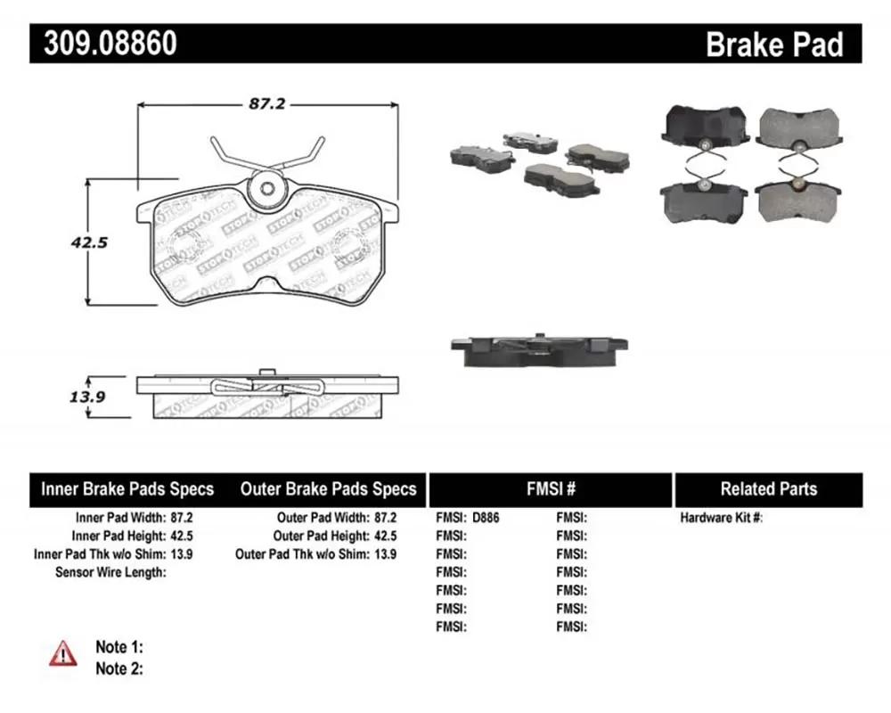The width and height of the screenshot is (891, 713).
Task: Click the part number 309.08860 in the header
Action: [x=110, y=43]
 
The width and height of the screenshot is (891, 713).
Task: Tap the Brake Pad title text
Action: [x=774, y=45]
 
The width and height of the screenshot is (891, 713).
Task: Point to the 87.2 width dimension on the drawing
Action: [x=267, y=104]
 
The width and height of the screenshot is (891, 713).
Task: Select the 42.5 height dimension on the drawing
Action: [x=89, y=242]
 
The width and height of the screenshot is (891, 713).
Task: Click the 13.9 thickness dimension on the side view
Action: [x=87, y=397]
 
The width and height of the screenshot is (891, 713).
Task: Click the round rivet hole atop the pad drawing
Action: [x=268, y=188]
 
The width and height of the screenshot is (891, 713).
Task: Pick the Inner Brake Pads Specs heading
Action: [x=127, y=489]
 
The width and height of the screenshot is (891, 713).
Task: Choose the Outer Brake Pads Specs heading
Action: [x=329, y=489]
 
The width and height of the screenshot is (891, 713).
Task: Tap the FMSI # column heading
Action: [x=551, y=488]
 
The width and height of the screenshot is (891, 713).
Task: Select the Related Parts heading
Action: [x=769, y=489]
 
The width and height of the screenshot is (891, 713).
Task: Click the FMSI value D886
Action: [x=486, y=518]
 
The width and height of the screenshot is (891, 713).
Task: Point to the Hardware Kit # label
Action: [x=722, y=518]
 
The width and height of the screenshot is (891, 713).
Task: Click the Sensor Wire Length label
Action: [x=110, y=572]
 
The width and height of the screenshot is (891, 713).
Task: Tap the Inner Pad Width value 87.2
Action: [x=181, y=518]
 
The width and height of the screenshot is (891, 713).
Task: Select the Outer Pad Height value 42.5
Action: [x=385, y=536]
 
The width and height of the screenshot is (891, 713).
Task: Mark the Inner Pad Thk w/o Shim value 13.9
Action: [x=181, y=553]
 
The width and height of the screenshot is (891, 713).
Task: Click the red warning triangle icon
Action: [x=63, y=653]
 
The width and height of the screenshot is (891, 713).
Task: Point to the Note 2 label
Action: [x=119, y=668]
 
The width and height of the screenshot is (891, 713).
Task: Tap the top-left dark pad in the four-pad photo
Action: [x=705, y=127]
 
